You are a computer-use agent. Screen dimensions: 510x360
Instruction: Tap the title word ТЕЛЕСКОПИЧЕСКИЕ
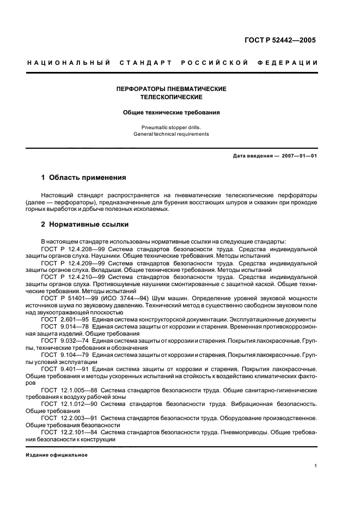172,97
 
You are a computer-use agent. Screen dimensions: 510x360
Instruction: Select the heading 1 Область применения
84,178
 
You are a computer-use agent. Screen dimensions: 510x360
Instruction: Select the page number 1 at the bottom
316,466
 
